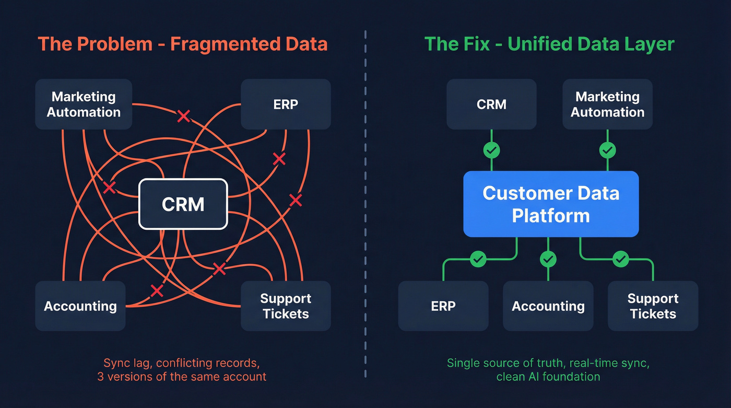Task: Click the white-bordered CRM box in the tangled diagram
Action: click(x=183, y=204)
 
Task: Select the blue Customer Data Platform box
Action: click(x=551, y=204)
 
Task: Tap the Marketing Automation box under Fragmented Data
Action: click(x=84, y=104)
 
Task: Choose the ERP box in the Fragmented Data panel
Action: click(x=286, y=104)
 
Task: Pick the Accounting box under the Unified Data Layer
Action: click(x=548, y=306)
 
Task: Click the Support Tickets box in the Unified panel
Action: click(x=653, y=306)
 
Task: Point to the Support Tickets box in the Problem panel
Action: click(x=286, y=306)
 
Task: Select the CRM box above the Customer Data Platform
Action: click(x=491, y=104)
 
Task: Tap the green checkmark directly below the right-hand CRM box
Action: click(x=491, y=150)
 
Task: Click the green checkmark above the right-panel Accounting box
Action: click(x=548, y=259)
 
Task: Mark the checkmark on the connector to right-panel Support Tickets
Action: click(x=620, y=259)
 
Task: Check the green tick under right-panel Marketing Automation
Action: click(x=607, y=150)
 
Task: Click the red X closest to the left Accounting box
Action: click(x=157, y=290)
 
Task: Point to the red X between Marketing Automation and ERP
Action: click(x=183, y=116)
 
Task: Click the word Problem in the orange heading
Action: click(x=114, y=44)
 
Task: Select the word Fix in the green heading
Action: click(x=475, y=44)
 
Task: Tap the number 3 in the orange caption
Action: click(x=100, y=376)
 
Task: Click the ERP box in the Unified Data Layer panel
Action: click(x=443, y=306)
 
